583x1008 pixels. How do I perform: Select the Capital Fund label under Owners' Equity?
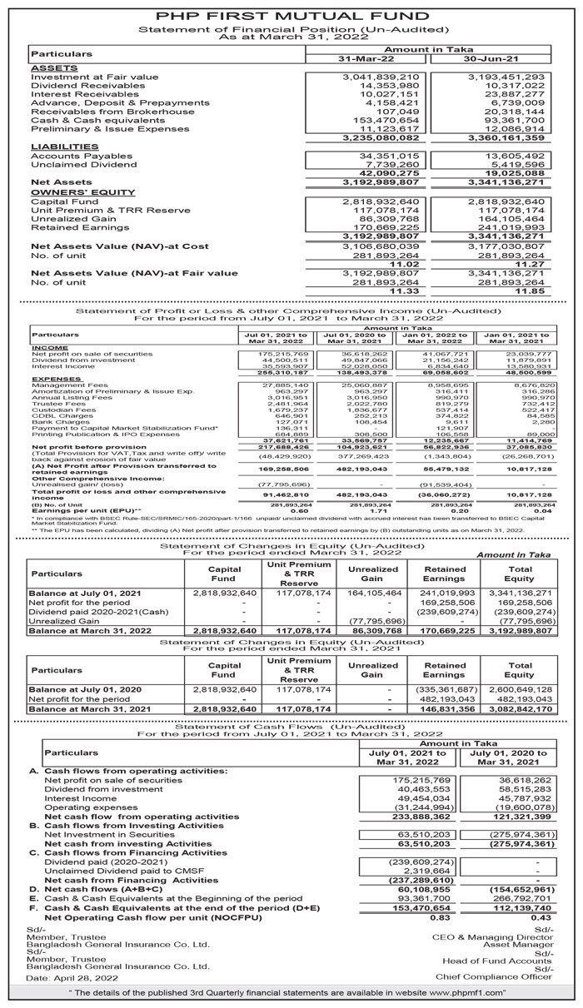click(x=64, y=202)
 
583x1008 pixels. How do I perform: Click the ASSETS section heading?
click(x=52, y=67)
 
